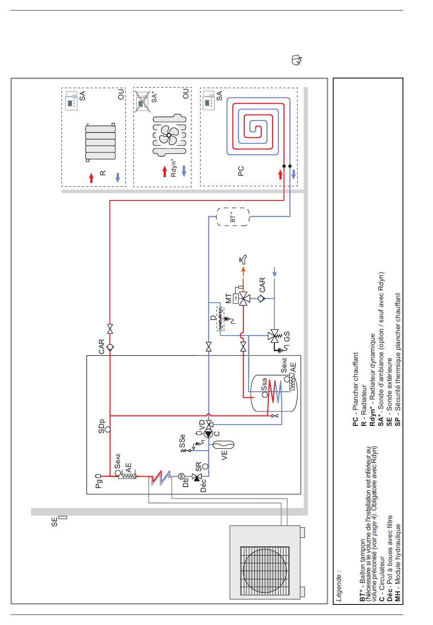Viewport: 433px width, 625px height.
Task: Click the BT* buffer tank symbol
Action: tap(232, 217)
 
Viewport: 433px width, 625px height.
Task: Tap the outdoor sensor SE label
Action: tap(54, 521)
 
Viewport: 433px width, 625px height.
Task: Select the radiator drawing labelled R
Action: tap(100, 142)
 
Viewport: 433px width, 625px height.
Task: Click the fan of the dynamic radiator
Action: tap(169, 135)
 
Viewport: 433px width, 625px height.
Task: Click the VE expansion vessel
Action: tap(223, 445)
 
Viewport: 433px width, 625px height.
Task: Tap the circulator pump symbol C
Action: tap(208, 434)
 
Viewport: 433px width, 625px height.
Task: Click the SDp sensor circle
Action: tap(108, 429)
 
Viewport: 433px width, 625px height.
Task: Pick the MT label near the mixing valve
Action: tap(228, 298)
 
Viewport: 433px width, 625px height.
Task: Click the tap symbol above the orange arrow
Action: tap(243, 259)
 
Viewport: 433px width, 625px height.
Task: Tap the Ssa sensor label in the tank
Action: tap(264, 384)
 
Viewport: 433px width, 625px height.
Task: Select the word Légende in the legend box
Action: tap(339, 585)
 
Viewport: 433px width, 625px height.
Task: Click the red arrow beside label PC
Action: tap(280, 174)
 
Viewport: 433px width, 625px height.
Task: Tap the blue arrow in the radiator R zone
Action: tap(118, 178)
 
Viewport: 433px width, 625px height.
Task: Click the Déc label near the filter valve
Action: tap(203, 485)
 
